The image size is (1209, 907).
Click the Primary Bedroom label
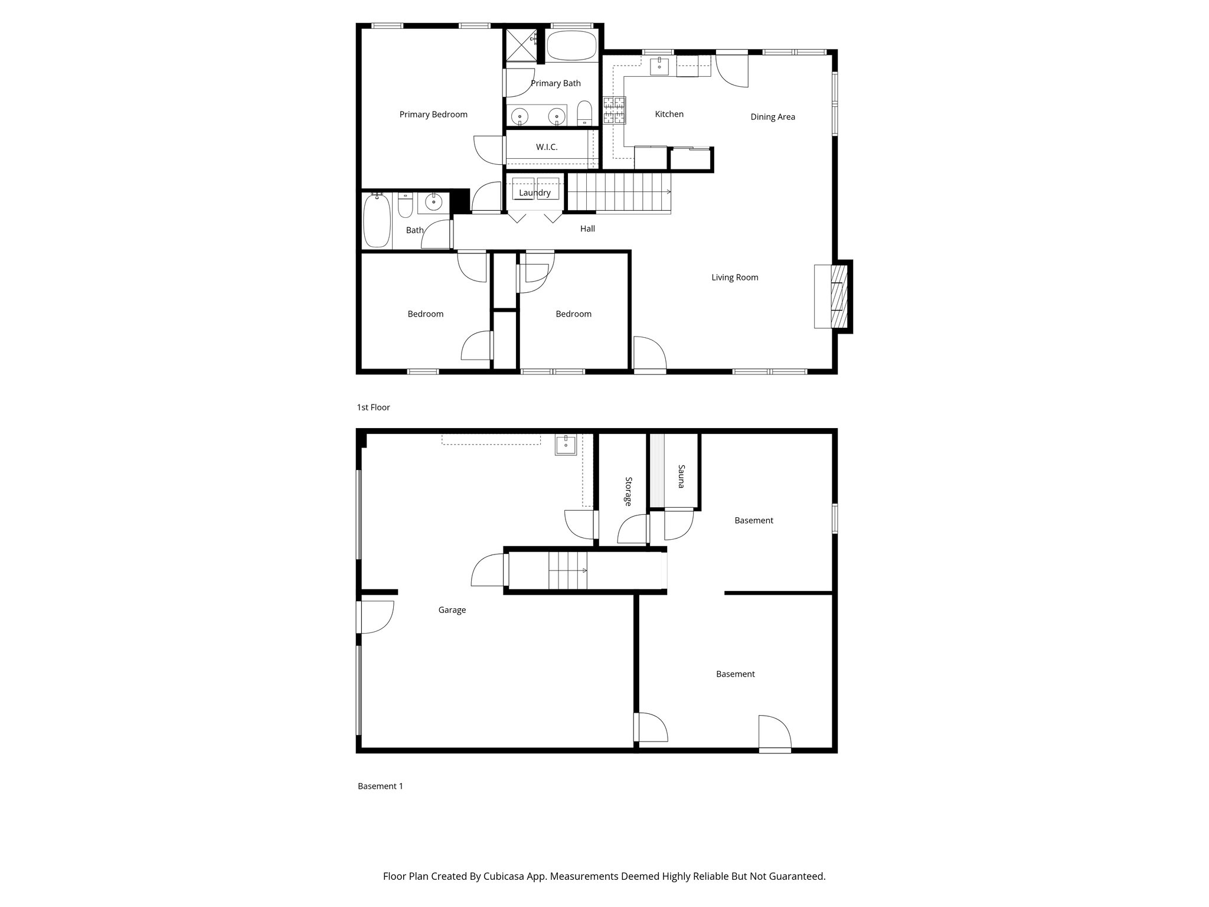[x=433, y=115]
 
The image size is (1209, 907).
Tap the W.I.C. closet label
[x=547, y=147]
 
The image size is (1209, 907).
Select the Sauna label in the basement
[x=681, y=477]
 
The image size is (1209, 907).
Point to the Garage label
[x=452, y=610]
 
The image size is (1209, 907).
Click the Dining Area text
[x=773, y=117]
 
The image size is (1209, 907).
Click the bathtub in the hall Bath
[x=376, y=221]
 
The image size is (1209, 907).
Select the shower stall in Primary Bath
[x=521, y=45]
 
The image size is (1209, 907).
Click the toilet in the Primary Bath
[x=584, y=113]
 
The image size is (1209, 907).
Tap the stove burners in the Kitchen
[x=614, y=111]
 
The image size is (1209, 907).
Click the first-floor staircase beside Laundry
[x=617, y=191]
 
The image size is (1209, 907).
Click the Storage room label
[x=628, y=491]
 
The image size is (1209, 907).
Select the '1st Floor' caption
[x=373, y=407]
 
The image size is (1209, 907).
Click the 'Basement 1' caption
[x=380, y=786]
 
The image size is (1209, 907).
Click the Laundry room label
[x=535, y=193]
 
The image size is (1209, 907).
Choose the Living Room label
[x=734, y=278]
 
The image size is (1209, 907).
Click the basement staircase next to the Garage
[x=568, y=570]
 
